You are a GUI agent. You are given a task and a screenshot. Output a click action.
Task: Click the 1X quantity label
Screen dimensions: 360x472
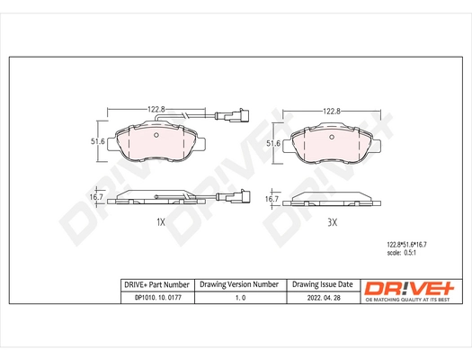[161, 220]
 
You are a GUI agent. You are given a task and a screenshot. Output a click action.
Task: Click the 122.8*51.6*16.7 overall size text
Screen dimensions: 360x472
[405, 244]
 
